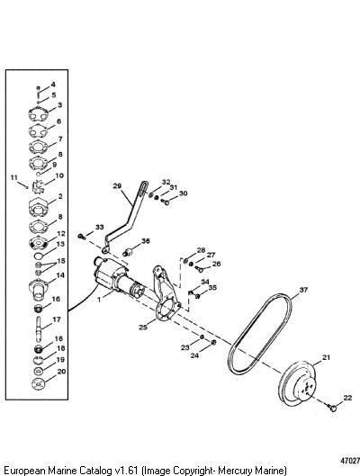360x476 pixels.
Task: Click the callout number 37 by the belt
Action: click(x=303, y=290)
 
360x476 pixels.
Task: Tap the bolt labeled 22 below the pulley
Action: click(x=332, y=408)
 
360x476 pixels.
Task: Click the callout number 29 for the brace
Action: click(x=117, y=185)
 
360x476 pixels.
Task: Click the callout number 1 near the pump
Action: click(x=99, y=300)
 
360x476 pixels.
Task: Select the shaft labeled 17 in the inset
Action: click(x=39, y=329)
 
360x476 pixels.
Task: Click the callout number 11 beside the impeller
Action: click(x=14, y=177)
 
